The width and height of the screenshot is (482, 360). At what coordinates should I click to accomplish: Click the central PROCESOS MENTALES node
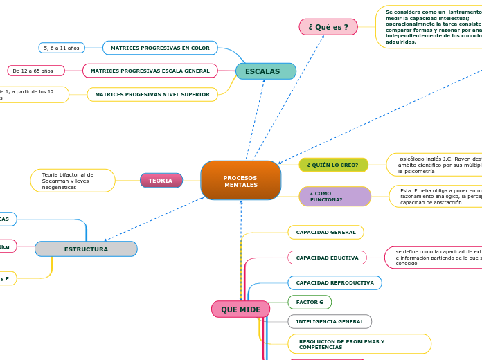click(240, 181)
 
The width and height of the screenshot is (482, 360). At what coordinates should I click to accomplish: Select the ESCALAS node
click(265, 71)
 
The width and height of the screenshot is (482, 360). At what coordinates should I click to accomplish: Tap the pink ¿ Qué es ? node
click(328, 27)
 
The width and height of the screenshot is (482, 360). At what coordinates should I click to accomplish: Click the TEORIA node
click(161, 181)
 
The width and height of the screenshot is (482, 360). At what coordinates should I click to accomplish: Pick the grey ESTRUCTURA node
click(86, 249)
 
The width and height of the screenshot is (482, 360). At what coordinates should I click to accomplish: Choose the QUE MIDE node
click(240, 309)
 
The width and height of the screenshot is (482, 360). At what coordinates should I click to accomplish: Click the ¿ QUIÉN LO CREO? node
click(333, 165)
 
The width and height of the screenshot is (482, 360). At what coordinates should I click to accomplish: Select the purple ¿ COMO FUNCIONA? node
click(334, 197)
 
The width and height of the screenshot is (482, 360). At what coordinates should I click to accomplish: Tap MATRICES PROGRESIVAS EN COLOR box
click(160, 48)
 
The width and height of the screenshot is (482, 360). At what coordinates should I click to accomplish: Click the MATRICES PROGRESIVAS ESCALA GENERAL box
click(150, 71)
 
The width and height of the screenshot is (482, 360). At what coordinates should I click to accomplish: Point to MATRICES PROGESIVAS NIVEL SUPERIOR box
click(152, 94)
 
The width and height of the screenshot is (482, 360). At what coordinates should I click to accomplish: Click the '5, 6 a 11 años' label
click(62, 48)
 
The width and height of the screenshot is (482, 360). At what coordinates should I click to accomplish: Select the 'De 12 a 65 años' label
click(36, 71)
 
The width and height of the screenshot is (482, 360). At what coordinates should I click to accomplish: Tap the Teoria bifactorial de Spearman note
click(73, 181)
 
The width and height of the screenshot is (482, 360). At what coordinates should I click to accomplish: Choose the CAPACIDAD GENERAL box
click(325, 233)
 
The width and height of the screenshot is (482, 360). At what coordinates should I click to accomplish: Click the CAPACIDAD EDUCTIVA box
click(327, 258)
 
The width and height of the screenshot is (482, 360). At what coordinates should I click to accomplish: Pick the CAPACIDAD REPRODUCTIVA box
click(334, 282)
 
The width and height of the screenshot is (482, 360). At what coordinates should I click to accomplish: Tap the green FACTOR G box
click(310, 302)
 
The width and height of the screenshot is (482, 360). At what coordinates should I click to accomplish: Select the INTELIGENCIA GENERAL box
click(330, 321)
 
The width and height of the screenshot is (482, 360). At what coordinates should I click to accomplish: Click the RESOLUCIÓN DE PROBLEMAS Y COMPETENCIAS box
click(359, 344)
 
